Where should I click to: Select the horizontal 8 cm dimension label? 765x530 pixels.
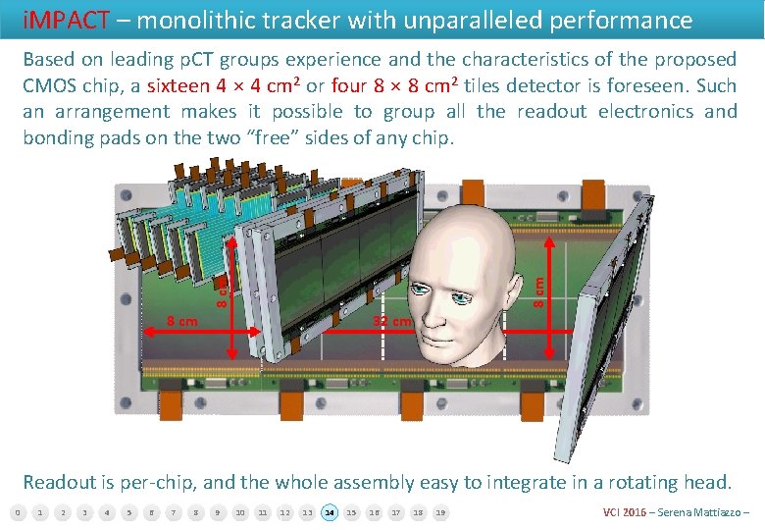tap(181, 320)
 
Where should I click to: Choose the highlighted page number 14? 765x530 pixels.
tap(330, 512)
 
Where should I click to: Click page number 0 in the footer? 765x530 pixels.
tap(17, 512)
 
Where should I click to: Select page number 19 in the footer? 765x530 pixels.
tap(440, 512)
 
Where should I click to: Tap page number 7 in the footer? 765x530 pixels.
tap(173, 512)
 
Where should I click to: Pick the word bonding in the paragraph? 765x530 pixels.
tap(58, 137)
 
